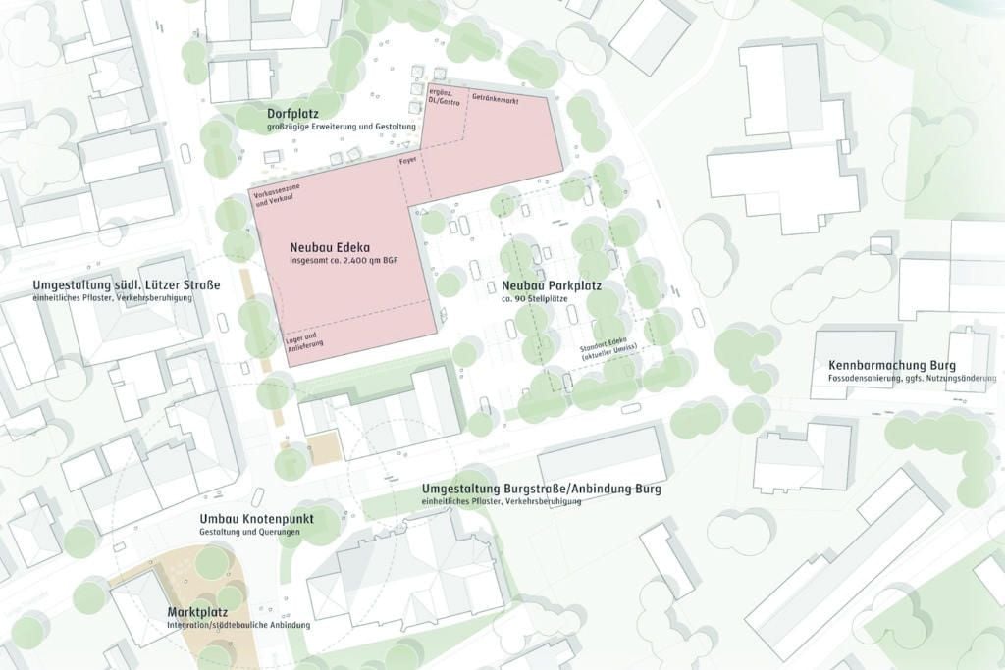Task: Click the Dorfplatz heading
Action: pyautogui.click(x=292, y=114)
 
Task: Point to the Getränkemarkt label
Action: pyautogui.click(x=496, y=101)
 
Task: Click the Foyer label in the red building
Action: pyautogui.click(x=408, y=158)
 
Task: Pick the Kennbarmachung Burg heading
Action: pyautogui.click(x=891, y=365)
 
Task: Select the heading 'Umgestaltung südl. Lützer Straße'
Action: pyautogui.click(x=127, y=285)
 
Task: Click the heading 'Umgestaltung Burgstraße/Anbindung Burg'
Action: pyautogui.click(x=542, y=489)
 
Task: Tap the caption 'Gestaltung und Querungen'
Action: pyautogui.click(x=249, y=532)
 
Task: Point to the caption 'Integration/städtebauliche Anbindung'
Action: pyautogui.click(x=238, y=625)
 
